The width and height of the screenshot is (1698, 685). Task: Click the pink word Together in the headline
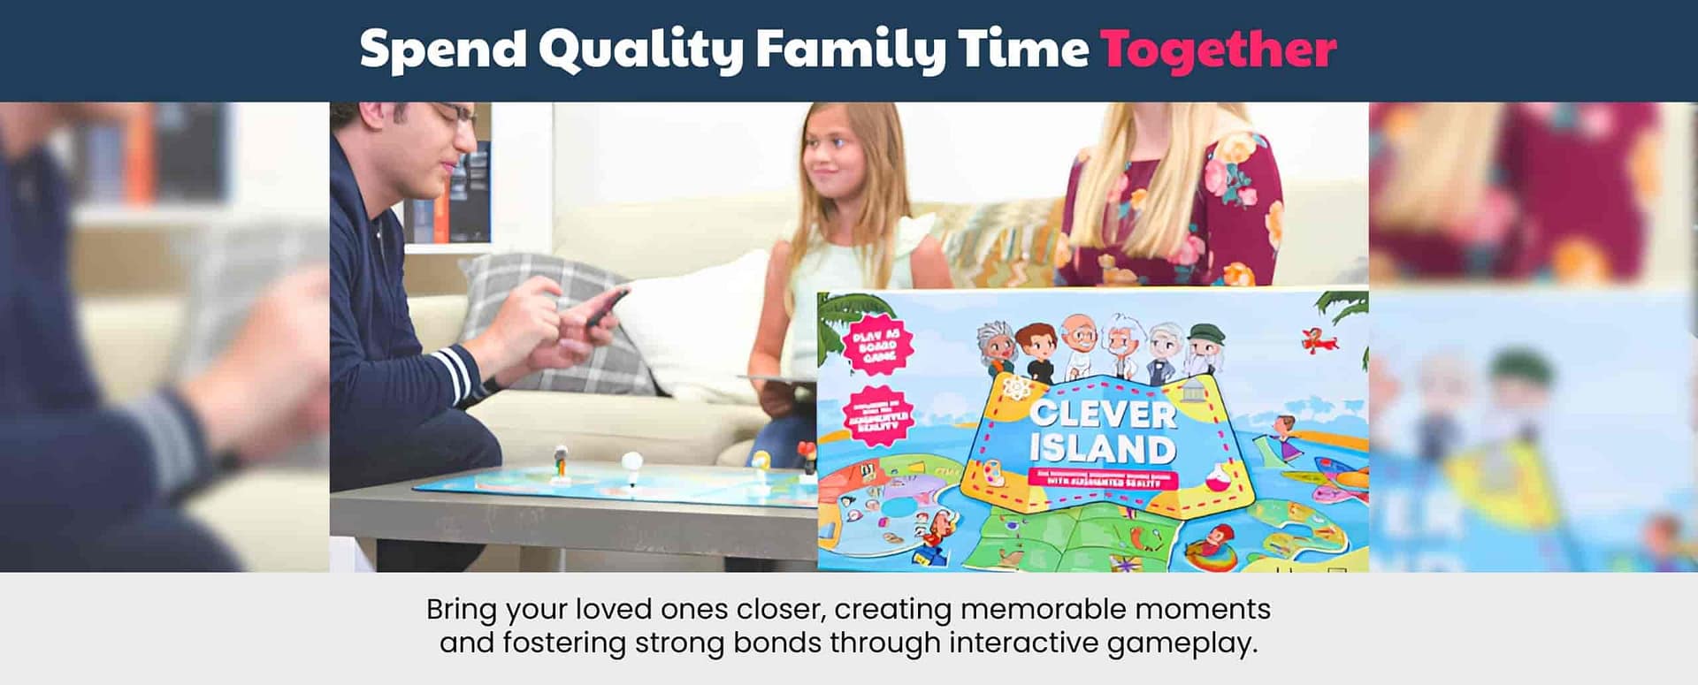1218,49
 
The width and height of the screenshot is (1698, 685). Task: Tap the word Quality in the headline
640,50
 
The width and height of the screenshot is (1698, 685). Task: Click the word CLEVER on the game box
1102,415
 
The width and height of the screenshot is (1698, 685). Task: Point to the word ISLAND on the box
1102,448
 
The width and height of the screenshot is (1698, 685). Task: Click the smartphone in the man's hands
606,307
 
